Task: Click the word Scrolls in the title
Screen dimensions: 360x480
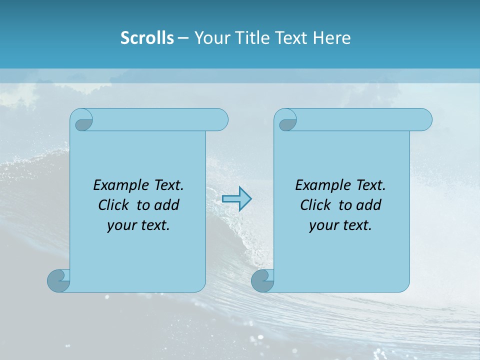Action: point(147,38)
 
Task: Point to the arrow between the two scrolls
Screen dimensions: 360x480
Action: point(236,199)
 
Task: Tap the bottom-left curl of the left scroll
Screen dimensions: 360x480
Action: point(58,280)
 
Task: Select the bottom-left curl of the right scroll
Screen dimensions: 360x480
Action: point(262,280)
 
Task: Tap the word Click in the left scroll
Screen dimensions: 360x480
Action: point(113,205)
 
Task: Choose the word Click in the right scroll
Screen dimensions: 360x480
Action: point(315,205)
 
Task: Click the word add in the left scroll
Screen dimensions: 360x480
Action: point(167,205)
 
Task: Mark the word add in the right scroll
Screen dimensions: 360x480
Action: point(369,205)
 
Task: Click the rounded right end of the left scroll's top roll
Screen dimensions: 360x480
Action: point(220,120)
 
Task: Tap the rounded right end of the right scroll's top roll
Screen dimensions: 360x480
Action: point(424,120)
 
